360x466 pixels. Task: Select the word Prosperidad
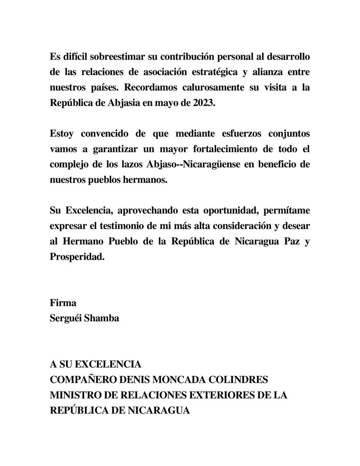77,257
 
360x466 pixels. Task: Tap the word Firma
64,302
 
